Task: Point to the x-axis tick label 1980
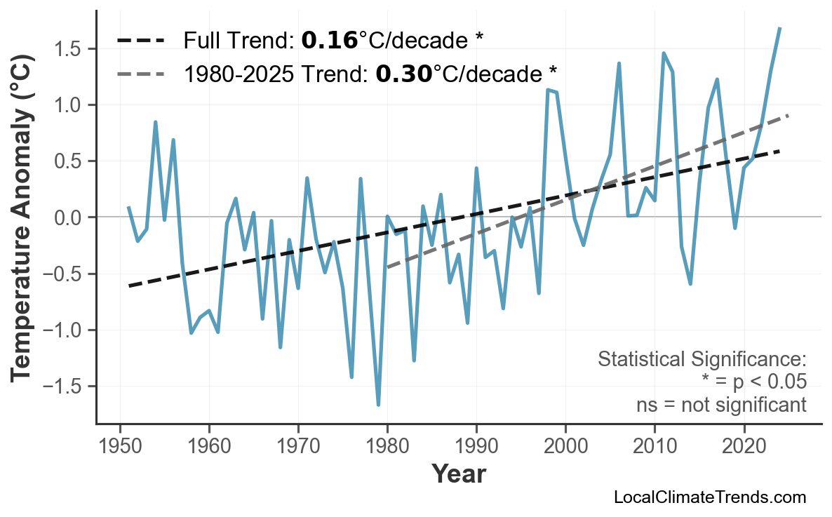pos(387,446)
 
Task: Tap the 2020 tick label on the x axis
pos(744,446)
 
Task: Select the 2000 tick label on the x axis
pos(565,446)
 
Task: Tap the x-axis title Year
pos(458,475)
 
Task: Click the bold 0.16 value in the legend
pos(329,41)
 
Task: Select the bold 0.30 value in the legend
pos(403,73)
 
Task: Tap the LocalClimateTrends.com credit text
pos(709,498)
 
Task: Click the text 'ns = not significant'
pos(721,405)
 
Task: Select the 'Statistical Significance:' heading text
pos(702,360)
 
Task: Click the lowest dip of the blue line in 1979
pos(378,405)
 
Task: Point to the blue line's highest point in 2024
pos(779,29)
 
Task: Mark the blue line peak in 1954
pos(155,122)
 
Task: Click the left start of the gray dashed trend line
pos(387,267)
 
